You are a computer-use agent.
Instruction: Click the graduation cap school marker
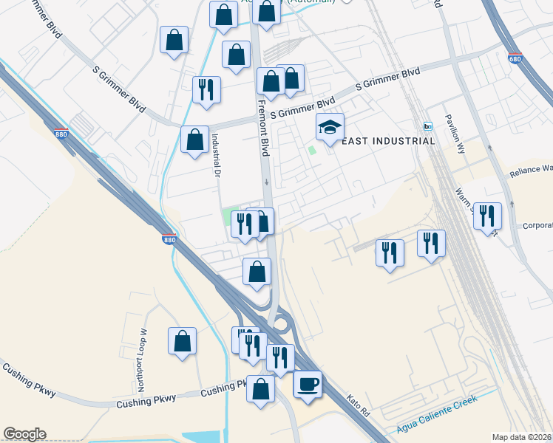(x=330, y=128)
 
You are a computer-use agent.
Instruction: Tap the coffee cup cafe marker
(x=308, y=385)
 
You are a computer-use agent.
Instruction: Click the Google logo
(x=24, y=434)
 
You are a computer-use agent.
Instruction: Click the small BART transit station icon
(x=427, y=126)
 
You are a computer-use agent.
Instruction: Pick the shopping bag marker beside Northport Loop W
(x=182, y=342)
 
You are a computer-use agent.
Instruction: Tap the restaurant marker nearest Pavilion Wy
(x=487, y=216)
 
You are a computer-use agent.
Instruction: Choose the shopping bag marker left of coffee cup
(x=260, y=390)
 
